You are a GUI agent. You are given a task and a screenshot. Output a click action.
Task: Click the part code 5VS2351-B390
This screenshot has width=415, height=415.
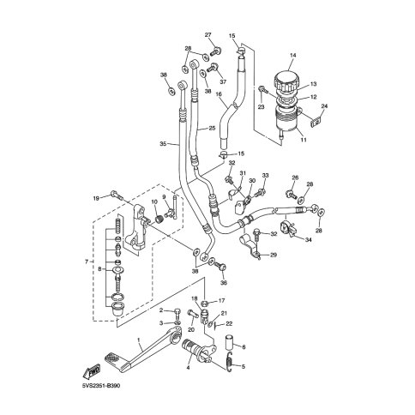(101, 386)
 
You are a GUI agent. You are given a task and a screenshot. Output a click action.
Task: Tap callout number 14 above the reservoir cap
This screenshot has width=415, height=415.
(293, 55)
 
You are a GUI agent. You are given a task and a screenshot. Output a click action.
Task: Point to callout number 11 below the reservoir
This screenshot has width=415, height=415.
(304, 140)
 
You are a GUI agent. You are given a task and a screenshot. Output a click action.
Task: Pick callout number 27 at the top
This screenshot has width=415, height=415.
(207, 35)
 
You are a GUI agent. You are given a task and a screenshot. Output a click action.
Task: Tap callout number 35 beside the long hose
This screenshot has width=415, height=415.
(163, 144)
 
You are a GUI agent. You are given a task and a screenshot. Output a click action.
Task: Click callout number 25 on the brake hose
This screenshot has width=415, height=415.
(212, 129)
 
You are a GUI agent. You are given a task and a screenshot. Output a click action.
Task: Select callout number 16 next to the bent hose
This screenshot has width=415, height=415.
(219, 93)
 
